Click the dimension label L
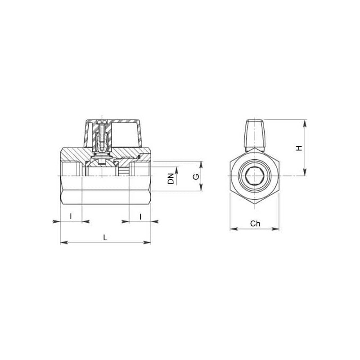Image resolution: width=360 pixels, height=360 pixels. point(105,238)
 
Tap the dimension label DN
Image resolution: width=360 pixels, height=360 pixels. point(171,179)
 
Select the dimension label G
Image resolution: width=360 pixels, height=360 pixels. point(196,176)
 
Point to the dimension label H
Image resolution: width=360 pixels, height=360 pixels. point(299,148)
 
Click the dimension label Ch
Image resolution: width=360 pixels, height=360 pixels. point(255,223)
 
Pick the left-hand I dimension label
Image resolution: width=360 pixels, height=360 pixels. point(71,216)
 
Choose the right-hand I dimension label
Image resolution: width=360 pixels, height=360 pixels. point(140,216)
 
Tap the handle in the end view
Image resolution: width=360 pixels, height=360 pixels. point(255,135)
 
